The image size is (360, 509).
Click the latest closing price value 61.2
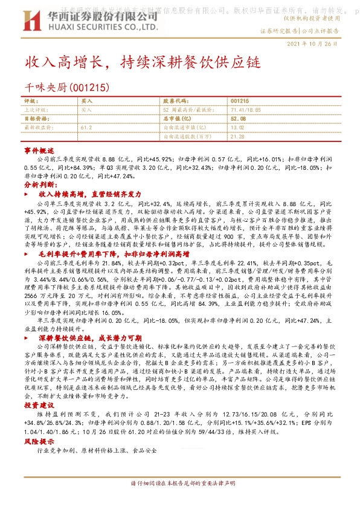pos(86,128)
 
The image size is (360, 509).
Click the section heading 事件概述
pos(35,149)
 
